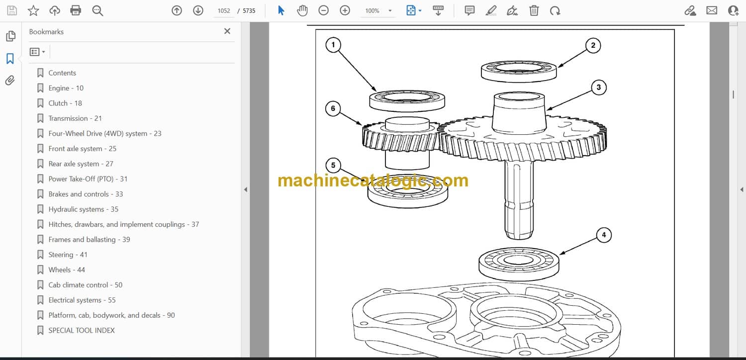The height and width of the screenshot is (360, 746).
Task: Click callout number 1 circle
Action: coord(333,45)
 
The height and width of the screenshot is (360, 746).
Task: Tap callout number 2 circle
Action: coord(593,46)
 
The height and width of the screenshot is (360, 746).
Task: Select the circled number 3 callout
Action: coord(599,88)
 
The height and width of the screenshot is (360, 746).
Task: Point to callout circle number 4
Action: coord(604,235)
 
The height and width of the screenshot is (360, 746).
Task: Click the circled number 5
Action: coord(333,166)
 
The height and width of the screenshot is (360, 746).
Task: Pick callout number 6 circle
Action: coord(333,108)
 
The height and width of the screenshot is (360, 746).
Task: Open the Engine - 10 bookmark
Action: coord(66,88)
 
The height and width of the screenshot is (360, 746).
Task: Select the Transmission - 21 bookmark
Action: coord(75,118)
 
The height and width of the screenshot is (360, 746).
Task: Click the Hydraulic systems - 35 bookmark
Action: coord(83,209)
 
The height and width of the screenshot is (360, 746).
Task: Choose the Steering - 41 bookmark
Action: coord(68,255)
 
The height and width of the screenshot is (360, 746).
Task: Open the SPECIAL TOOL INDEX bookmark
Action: coord(82,330)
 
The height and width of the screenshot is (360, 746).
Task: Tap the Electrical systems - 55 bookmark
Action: coord(82,300)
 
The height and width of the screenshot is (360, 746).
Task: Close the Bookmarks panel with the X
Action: coord(227,31)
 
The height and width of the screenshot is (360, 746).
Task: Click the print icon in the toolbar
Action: coord(76,10)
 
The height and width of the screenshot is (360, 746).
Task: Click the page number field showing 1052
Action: coord(224,10)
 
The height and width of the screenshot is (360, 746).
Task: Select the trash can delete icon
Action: coord(534,10)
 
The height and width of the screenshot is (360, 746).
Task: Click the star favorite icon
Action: coord(33,10)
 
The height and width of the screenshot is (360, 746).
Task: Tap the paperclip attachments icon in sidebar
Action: coord(10,81)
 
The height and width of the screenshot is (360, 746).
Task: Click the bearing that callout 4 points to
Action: coord(519,264)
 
